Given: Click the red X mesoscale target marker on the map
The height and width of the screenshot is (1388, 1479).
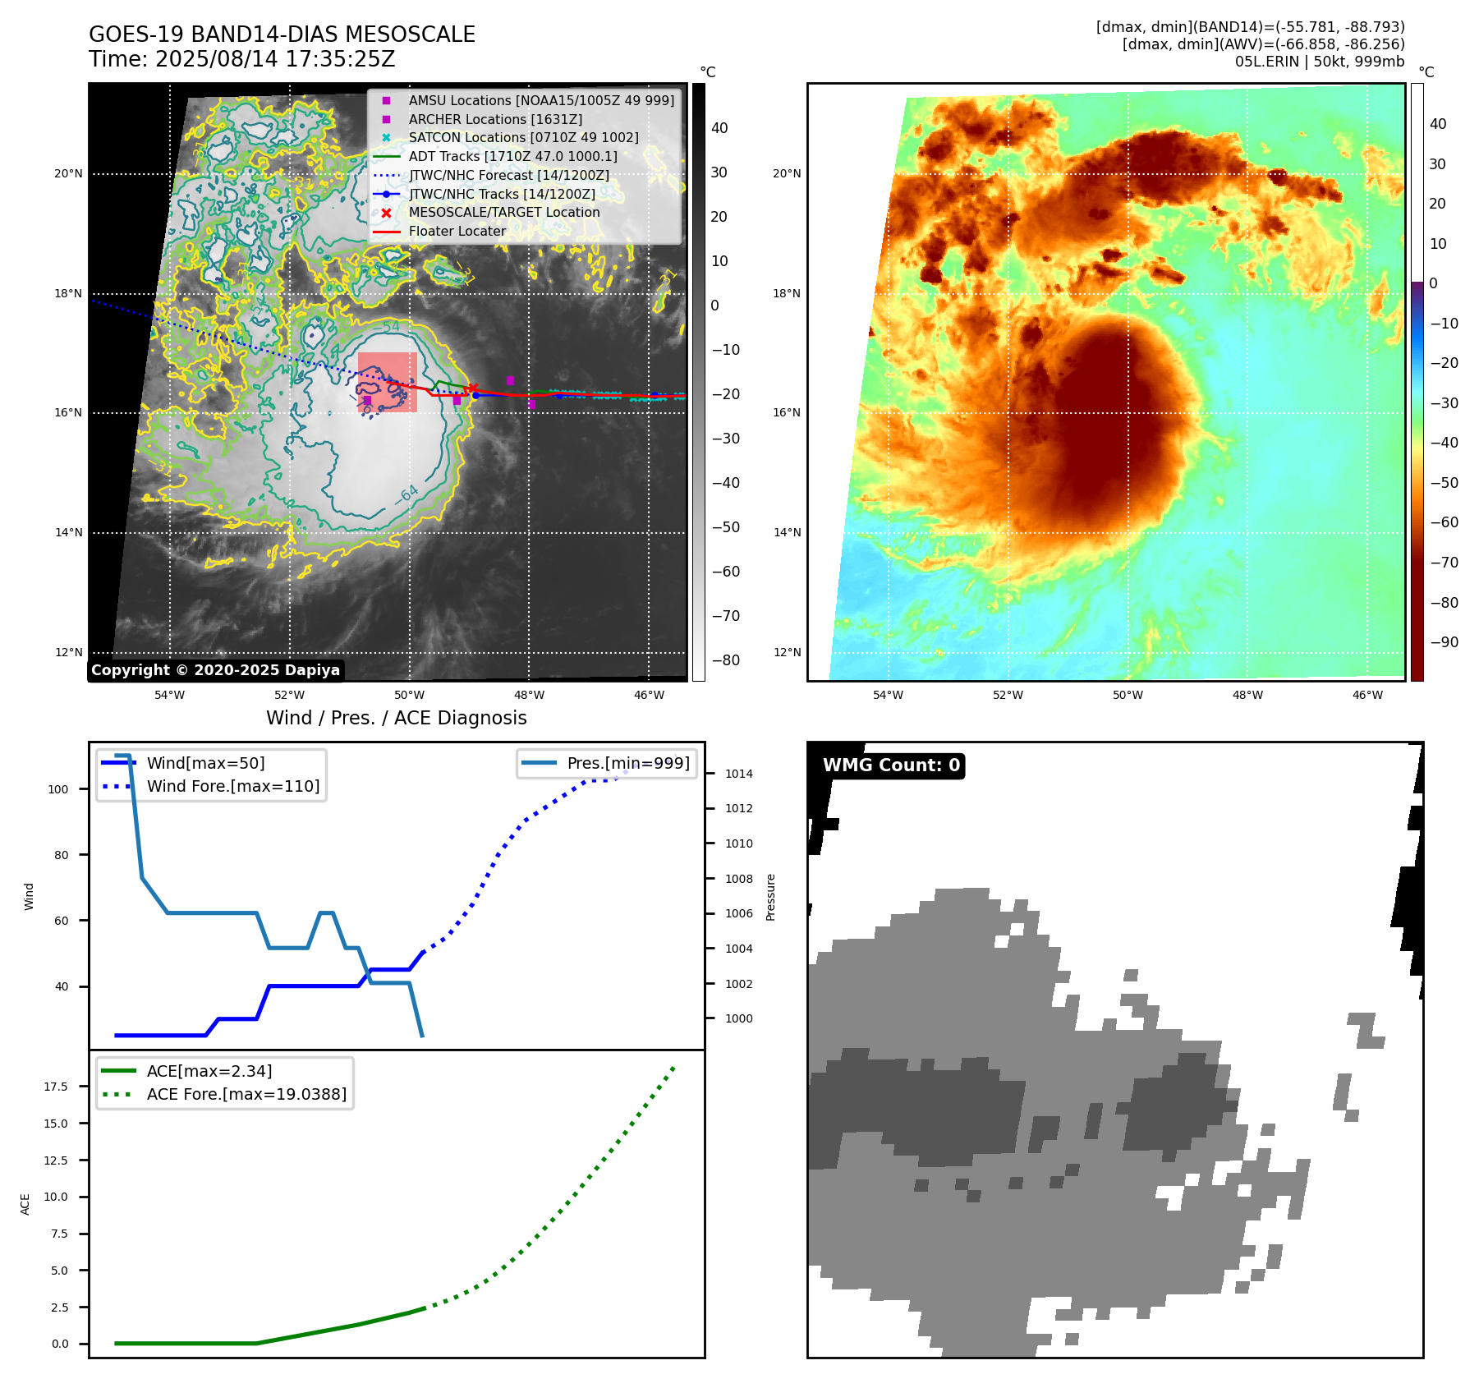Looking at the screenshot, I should tap(472, 388).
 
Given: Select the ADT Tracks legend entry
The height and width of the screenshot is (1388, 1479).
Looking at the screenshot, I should tap(512, 156).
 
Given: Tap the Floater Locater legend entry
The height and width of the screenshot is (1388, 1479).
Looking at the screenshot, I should tap(457, 232).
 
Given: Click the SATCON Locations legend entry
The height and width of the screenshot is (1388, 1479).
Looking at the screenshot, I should tap(523, 137).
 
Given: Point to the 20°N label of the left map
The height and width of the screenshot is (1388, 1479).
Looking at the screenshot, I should tap(69, 174).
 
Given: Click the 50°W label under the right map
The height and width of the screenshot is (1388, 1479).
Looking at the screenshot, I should tap(1128, 696).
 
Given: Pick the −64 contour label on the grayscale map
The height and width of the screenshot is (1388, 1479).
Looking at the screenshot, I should tap(406, 494).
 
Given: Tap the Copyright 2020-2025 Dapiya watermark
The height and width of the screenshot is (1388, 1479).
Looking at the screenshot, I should tap(215, 670).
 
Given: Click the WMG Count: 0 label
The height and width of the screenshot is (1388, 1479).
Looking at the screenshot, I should tap(891, 765).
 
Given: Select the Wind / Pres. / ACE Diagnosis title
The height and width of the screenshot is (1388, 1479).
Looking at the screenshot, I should tap(396, 719).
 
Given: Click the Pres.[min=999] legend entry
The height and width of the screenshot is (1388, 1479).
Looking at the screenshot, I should tap(627, 763).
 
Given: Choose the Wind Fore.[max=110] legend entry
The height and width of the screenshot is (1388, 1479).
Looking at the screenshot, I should tap(232, 786).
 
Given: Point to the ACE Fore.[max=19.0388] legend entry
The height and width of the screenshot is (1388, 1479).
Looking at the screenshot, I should tap(246, 1094).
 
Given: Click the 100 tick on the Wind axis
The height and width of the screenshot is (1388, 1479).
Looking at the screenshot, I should tap(58, 789).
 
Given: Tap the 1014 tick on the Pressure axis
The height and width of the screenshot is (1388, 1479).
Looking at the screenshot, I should tap(738, 774).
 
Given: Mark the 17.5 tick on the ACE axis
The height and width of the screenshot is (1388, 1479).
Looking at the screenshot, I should tap(56, 1087).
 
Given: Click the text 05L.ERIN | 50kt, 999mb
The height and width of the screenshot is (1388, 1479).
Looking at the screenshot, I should tap(1319, 62).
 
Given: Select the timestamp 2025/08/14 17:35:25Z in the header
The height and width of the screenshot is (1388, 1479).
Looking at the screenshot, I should tap(275, 59).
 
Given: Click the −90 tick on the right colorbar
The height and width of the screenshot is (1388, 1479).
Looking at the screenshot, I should tap(1444, 642).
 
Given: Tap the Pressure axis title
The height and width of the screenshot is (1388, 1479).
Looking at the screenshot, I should tap(770, 897).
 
